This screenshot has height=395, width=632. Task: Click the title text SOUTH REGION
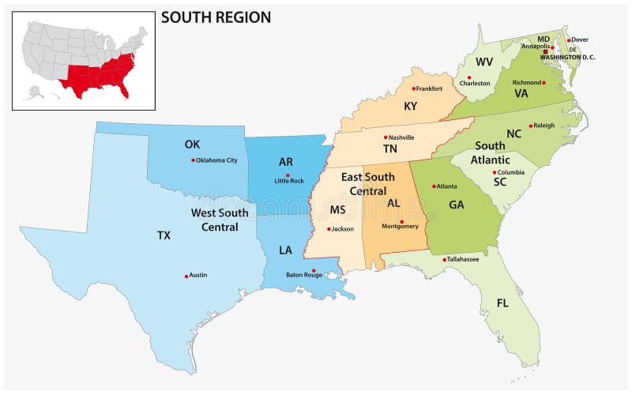click(x=216, y=17)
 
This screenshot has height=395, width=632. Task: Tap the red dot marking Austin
click(x=186, y=276)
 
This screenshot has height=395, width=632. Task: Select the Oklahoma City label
click(x=216, y=160)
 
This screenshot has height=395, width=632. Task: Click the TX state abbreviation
click(x=164, y=235)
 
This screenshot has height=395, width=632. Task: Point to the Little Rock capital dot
click(x=288, y=175)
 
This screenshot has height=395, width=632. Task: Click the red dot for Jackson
click(x=328, y=229)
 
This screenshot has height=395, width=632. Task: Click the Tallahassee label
click(x=463, y=259)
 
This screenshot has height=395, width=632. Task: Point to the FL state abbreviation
click(x=502, y=303)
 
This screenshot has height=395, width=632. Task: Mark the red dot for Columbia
click(x=495, y=172)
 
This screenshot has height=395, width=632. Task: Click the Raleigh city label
click(x=544, y=125)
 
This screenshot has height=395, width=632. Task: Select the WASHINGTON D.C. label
click(x=567, y=57)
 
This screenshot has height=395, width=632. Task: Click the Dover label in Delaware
click(x=581, y=39)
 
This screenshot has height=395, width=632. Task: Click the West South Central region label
click(x=220, y=220)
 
